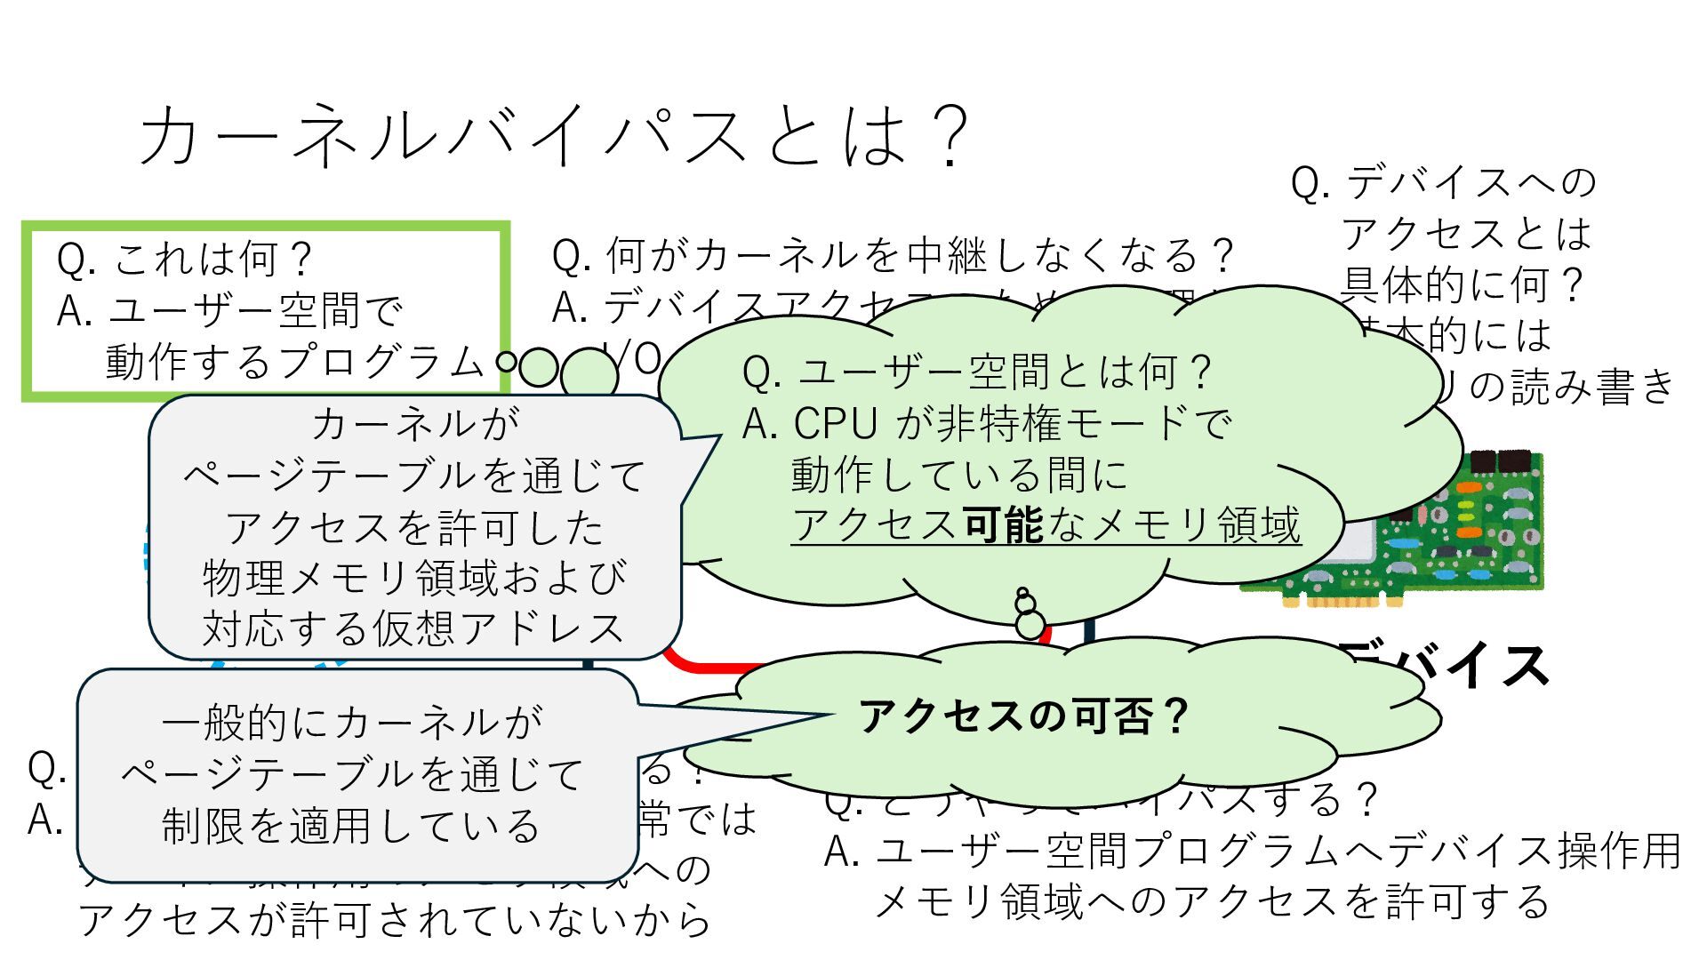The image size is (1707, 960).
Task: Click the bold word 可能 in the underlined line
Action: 1003,524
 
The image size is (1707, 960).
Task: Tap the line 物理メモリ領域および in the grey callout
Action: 414,578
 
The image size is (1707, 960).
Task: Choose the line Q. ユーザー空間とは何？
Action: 978,372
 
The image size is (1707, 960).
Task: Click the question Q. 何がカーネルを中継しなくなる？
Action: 893,256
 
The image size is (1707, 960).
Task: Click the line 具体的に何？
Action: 1463,284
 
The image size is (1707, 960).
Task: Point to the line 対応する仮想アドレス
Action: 414,628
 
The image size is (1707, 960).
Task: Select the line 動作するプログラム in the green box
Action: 293,362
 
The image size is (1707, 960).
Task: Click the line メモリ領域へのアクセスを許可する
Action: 1213,901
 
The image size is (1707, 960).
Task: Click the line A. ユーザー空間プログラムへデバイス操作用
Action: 1252,851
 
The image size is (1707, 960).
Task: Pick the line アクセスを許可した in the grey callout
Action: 414,527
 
